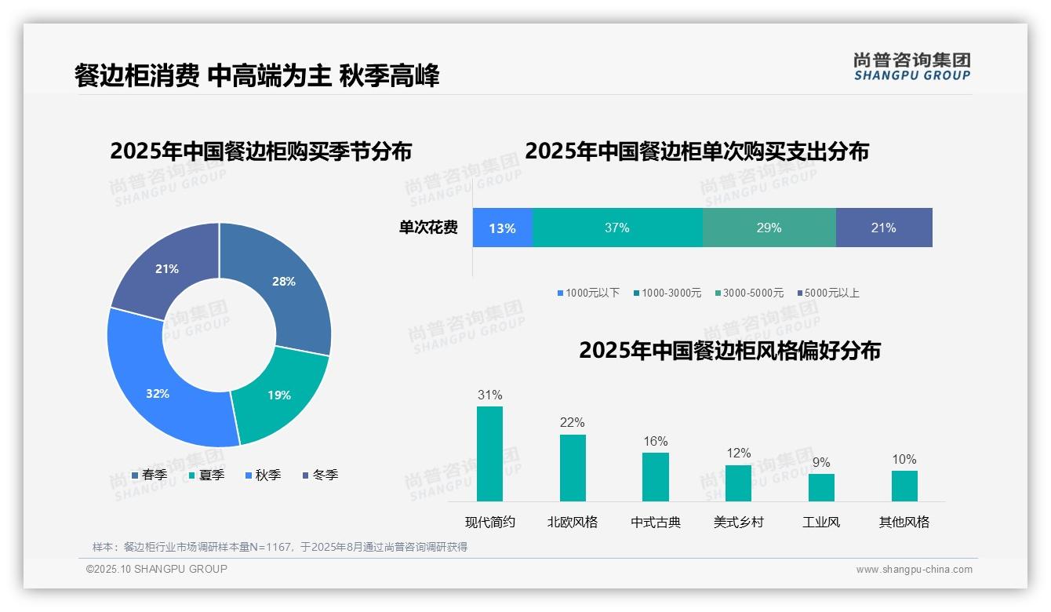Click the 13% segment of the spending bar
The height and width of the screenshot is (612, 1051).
503,228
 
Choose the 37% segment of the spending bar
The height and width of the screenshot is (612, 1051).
617,228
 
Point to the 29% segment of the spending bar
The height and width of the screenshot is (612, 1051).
769,228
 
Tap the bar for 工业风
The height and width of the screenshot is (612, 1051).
821,487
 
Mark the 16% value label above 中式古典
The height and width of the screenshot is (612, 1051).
656,442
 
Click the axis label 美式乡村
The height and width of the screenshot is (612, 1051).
738,522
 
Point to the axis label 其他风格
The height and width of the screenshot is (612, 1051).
904,522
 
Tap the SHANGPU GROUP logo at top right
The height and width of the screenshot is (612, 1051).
912,67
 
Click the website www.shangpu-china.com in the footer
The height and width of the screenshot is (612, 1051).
914,570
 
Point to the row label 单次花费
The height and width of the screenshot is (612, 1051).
428,228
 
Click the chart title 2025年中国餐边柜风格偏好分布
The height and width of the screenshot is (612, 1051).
729,350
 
